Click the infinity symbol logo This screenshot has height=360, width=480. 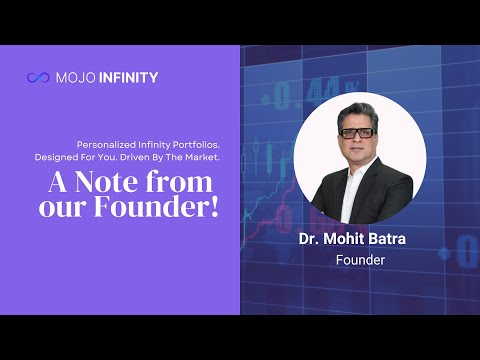pos(38,78)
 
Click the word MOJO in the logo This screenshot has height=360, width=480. pos(76,78)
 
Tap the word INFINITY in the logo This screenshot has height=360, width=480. pos(128,78)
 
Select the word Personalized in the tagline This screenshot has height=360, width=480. pos(106,145)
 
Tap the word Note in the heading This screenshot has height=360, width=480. pos(106,183)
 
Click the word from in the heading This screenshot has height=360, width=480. pos(179,182)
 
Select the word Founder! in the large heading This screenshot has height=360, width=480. pos(156,207)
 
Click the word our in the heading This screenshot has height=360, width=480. pos(62,209)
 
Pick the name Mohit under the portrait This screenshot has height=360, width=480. pos(347,239)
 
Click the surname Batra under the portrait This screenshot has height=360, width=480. pos(390,239)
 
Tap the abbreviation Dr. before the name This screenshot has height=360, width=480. pos(309,239)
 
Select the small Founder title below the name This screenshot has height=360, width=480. pos(360,260)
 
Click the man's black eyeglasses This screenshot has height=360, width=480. pos(356,133)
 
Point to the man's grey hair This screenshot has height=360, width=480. pos(357,113)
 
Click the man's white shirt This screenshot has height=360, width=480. pos(352,193)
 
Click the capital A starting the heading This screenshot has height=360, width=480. pos(59,183)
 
